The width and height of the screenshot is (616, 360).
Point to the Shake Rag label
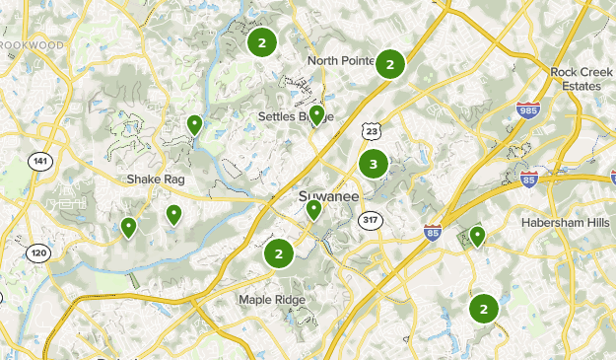[156, 180]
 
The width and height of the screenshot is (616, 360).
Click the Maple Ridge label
[272, 300]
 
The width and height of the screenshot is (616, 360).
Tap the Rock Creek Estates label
[575, 79]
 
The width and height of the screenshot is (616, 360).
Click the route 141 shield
[39, 161]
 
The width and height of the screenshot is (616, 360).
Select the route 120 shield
[37, 253]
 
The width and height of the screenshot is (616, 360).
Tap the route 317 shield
[371, 219]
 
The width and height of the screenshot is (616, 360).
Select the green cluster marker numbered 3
[374, 165]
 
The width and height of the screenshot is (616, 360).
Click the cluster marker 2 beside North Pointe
[390, 64]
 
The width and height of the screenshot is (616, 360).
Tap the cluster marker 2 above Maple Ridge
[279, 254]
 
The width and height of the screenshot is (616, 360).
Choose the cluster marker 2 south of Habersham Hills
[483, 309]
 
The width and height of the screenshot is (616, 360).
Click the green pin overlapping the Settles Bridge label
[316, 115]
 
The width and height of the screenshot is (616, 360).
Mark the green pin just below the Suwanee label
[313, 209]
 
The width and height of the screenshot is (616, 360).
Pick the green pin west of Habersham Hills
[477, 235]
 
